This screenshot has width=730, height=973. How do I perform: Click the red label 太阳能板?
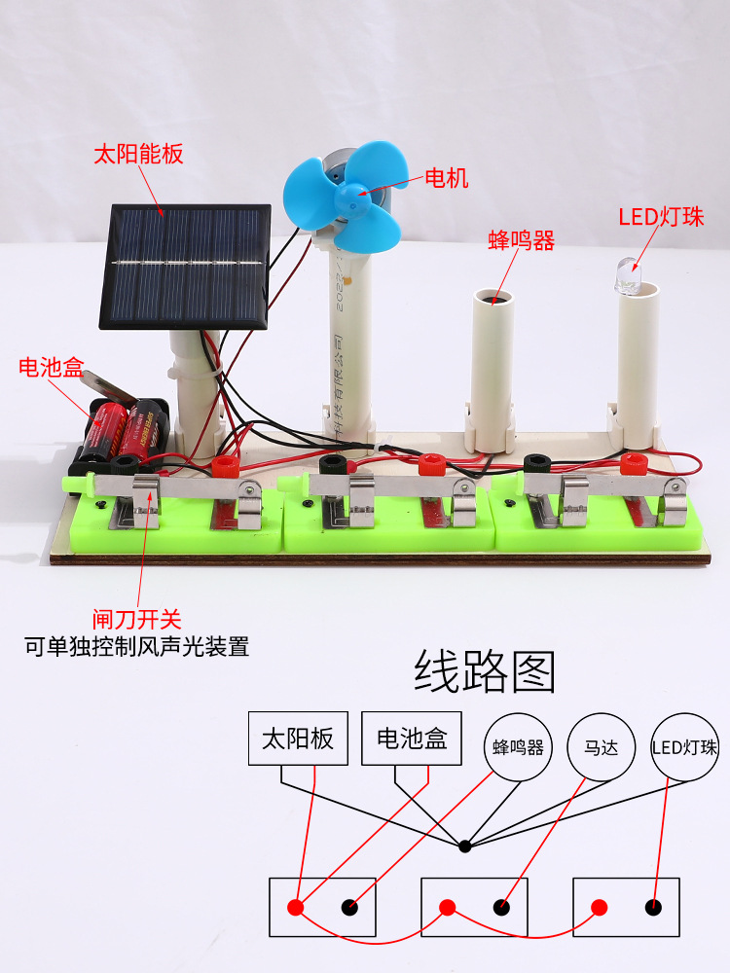coord(137,154)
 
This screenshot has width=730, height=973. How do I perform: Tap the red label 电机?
coord(447,178)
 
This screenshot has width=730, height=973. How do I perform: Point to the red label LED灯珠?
coord(661,216)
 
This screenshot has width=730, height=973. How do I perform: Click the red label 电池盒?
coord(52,367)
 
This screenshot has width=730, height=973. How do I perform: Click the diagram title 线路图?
coord(484,671)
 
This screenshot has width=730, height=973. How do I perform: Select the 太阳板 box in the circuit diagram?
coord(298,739)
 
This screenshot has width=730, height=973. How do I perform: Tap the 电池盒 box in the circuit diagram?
coord(411,739)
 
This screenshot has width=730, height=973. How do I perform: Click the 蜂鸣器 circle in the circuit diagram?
coord(517,748)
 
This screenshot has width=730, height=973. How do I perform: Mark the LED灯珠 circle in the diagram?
coord(684,748)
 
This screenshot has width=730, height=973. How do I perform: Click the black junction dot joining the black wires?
coord(464,846)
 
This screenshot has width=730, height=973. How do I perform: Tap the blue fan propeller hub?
coord(350,198)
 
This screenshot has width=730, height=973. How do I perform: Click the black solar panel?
coord(185,266)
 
